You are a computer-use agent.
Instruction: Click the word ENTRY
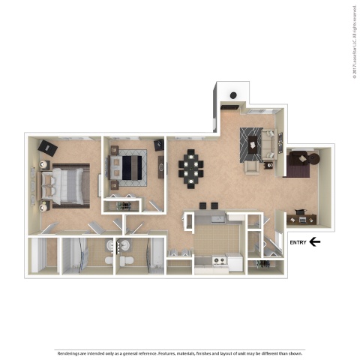[298, 241]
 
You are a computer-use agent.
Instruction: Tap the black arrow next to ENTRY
[316, 241]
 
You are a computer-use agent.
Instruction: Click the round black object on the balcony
[234, 95]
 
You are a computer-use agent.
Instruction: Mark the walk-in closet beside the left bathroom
[43, 255]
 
